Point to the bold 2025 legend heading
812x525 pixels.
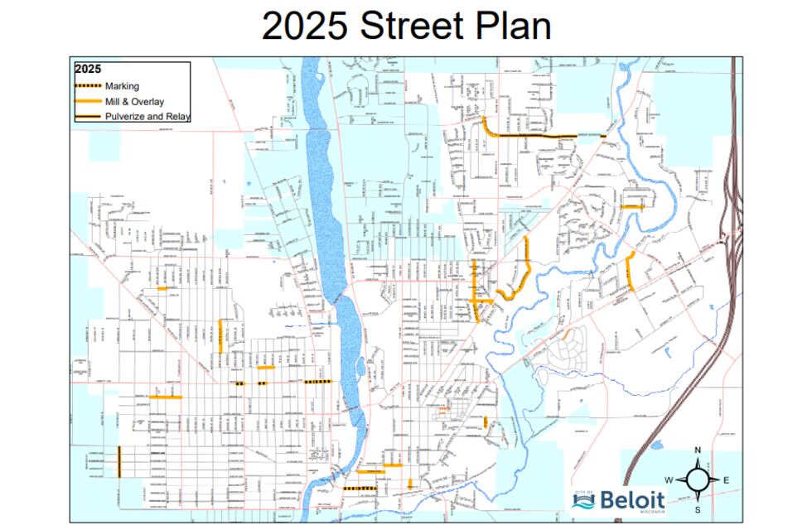88,70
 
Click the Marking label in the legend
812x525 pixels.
122,86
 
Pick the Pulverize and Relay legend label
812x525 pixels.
147,117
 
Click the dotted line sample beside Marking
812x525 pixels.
88,86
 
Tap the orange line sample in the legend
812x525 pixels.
88,101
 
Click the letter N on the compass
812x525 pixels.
698,450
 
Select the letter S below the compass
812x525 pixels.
698,508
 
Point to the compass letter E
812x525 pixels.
727,479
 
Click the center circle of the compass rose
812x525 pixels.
698,479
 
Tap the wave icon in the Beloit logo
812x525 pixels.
583,499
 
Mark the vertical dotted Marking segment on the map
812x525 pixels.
119,460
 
